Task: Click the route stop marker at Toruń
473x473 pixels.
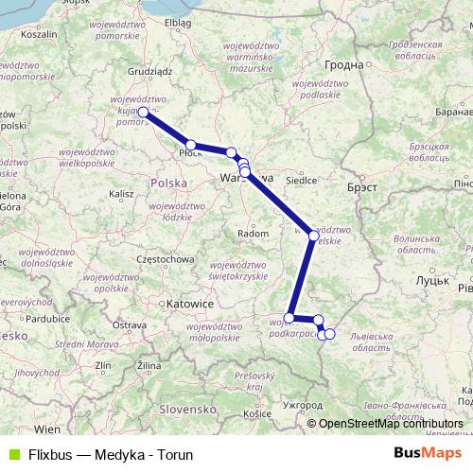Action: pos(143,112)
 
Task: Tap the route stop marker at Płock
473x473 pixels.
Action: pos(191,145)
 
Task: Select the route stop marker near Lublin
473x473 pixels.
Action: pos(313,235)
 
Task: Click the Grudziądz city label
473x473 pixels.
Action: pos(146,70)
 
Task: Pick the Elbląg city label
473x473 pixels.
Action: pos(177,22)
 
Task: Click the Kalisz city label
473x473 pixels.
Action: pos(121,194)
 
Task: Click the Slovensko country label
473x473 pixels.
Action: pos(188,409)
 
